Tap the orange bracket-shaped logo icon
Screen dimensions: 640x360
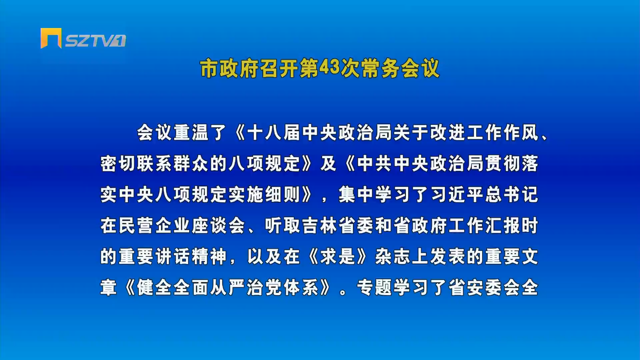51,38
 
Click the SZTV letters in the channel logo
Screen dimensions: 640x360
89,41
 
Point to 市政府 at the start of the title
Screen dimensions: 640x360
229,68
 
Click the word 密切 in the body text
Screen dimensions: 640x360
118,163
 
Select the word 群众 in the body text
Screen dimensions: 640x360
191,163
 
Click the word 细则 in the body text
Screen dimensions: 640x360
283,194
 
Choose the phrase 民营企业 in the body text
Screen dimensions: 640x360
155,225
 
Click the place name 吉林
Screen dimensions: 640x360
320,225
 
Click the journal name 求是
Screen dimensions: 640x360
338,256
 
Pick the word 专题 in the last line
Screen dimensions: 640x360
375,287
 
